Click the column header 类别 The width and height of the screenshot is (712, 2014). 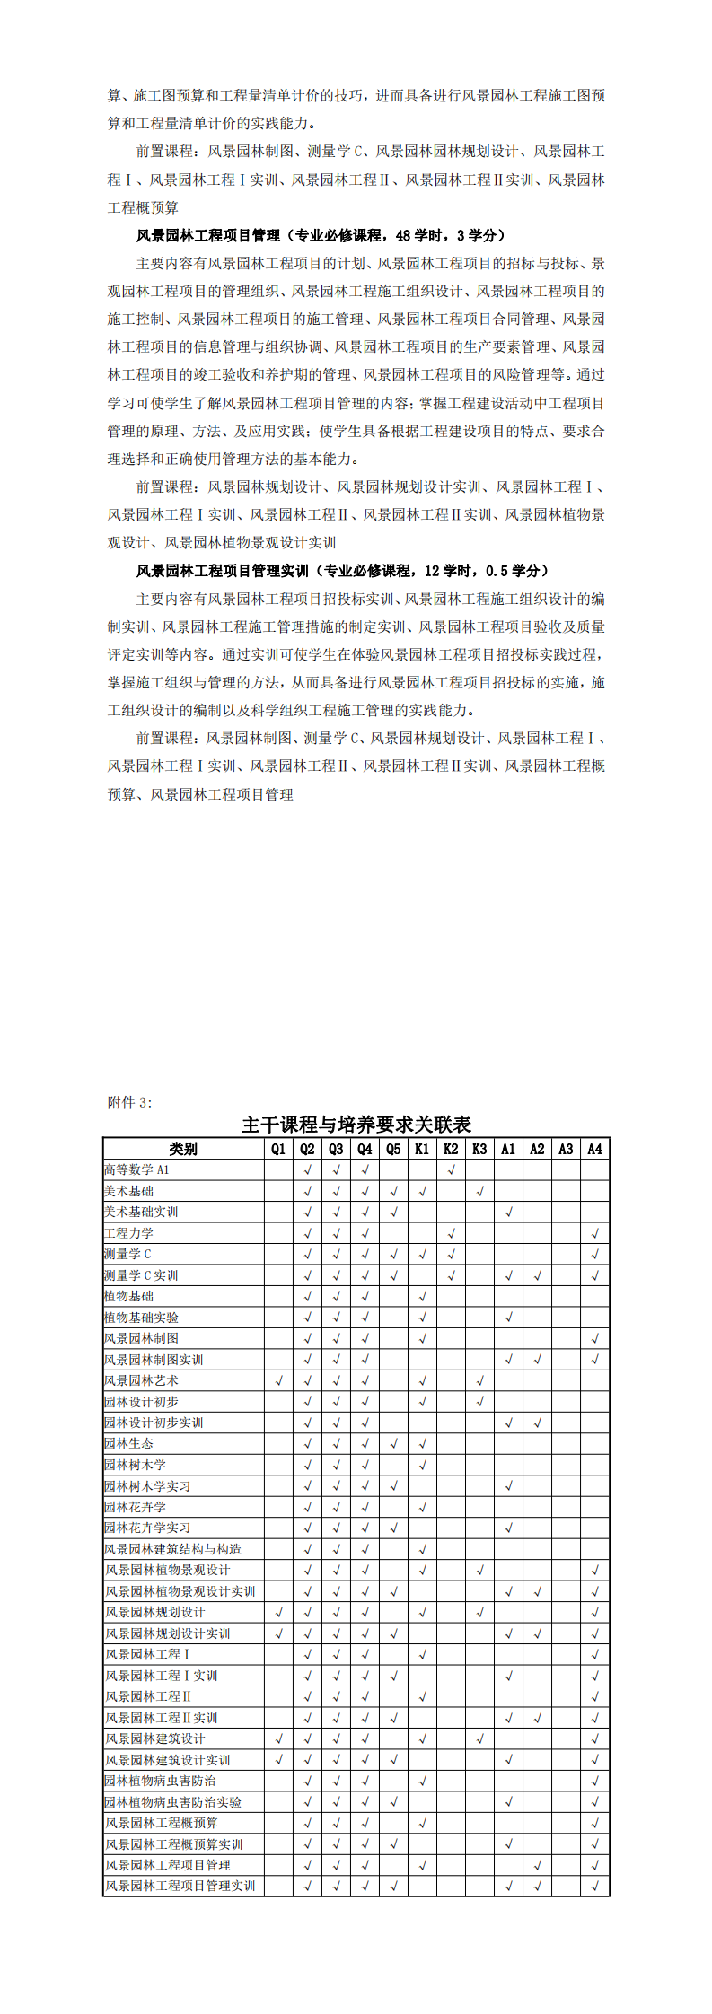pyautogui.click(x=183, y=1149)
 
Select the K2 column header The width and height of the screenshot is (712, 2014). pyautogui.click(x=451, y=1149)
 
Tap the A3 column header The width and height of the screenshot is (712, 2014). pyautogui.click(x=566, y=1149)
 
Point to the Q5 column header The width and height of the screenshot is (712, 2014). pyautogui.click(x=393, y=1149)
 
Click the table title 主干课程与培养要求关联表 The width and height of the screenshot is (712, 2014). pyautogui.click(x=356, y=1125)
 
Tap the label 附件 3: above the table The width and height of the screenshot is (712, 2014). pyautogui.click(x=130, y=1102)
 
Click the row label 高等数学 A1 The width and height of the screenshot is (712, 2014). pyautogui.click(x=136, y=1170)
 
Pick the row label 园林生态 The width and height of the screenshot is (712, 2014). pyautogui.click(x=128, y=1444)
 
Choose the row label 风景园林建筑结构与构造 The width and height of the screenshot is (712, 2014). pyautogui.click(x=172, y=1549)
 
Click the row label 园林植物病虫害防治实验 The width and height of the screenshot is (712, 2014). pyautogui.click(x=172, y=1802)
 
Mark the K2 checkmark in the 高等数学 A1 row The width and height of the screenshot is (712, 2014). pyautogui.click(x=451, y=1170)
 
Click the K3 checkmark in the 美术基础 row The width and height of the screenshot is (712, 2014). pyautogui.click(x=479, y=1191)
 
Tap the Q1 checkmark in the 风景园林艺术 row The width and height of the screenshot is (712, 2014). pyautogui.click(x=278, y=1380)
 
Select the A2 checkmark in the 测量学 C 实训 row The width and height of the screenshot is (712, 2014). pyautogui.click(x=537, y=1275)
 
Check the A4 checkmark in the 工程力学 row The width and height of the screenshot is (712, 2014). pyautogui.click(x=594, y=1233)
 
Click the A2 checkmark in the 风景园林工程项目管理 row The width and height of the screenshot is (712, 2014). pyautogui.click(x=537, y=1865)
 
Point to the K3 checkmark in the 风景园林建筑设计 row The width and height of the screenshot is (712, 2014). pyautogui.click(x=479, y=1738)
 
